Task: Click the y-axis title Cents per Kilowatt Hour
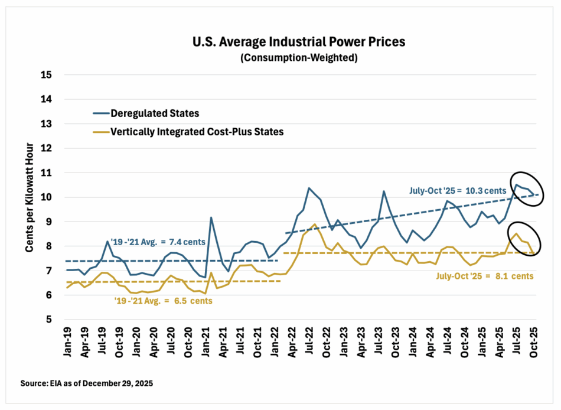tap(29, 197)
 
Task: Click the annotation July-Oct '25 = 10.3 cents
tap(458, 191)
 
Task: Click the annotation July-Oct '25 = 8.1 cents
tap(485, 275)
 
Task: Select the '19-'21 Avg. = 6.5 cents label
tap(164, 301)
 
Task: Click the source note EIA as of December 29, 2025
tap(87, 383)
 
